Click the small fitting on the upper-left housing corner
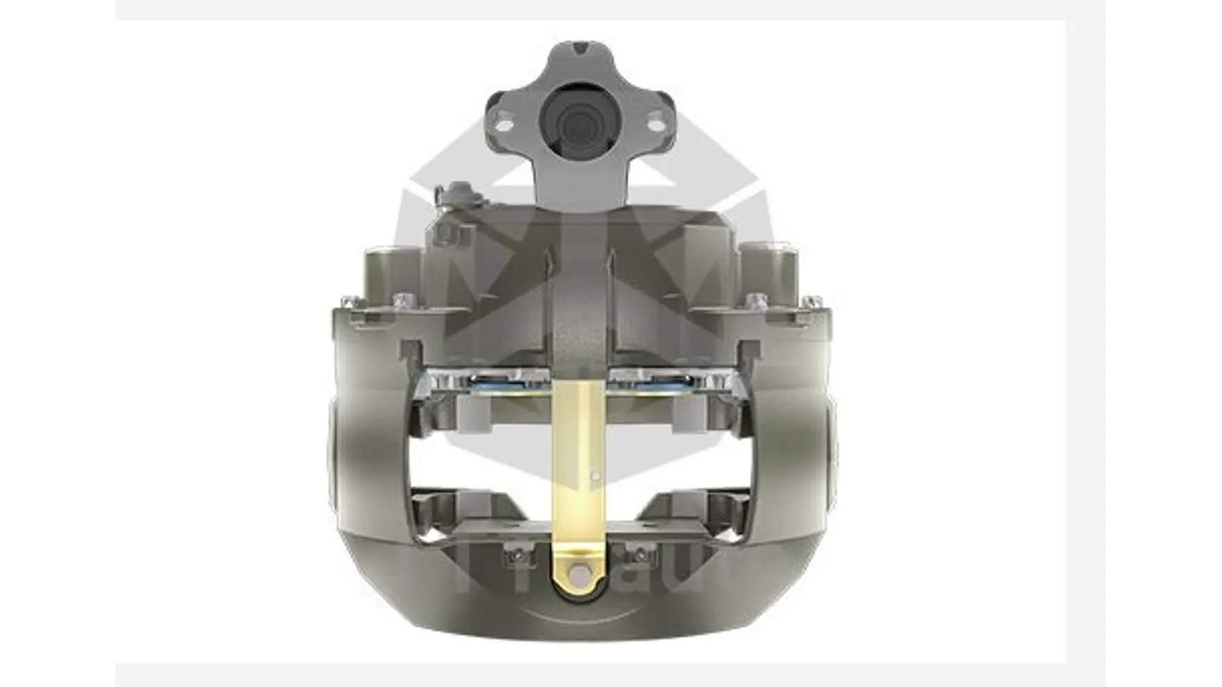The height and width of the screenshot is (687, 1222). click(459, 193)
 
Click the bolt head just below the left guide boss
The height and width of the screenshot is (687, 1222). click(401, 300)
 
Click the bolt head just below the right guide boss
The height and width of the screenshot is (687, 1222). click(757, 301)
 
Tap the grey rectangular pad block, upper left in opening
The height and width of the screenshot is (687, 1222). click(472, 417)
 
